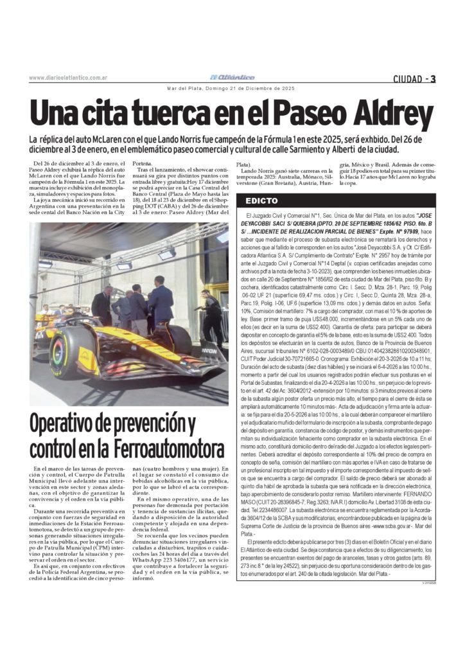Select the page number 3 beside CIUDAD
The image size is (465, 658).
pos(433,79)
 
